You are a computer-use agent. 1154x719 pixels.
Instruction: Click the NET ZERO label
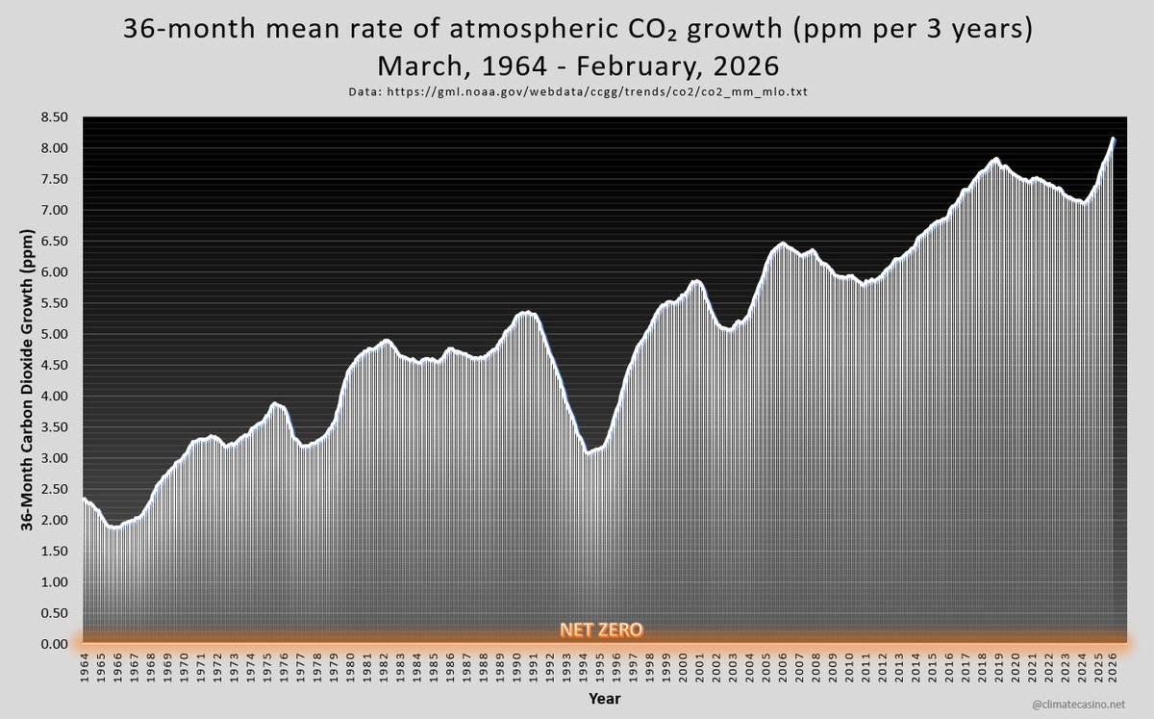tap(602, 631)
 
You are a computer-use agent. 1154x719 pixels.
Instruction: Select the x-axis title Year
tap(603, 699)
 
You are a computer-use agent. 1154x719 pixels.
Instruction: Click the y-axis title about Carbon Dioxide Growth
tap(25, 380)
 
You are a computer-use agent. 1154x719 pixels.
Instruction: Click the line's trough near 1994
tap(588, 452)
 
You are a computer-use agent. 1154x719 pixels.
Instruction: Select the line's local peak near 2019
tap(995, 159)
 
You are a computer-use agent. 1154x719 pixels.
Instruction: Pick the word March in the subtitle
tap(416, 67)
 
